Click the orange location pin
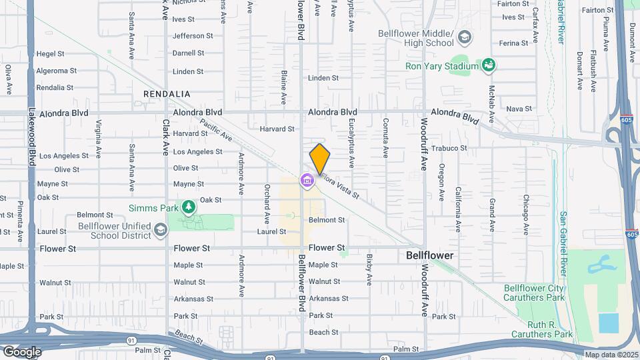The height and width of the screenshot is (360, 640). coord(320,158)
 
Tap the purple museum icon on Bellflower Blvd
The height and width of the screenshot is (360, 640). coord(307,180)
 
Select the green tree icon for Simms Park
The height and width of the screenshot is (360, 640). coord(189,207)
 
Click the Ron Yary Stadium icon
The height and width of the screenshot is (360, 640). coord(489,65)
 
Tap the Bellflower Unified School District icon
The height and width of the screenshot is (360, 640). coord(160,231)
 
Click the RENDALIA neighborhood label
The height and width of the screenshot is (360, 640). coord(167,95)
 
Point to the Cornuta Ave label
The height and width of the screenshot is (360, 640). coord(385,137)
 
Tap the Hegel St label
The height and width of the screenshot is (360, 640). coord(51,54)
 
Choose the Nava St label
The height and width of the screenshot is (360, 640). coord(519,109)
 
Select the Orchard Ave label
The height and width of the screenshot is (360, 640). coord(266,203)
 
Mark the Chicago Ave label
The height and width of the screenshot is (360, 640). coord(526,215)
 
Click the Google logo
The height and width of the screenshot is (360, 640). coord(22,352)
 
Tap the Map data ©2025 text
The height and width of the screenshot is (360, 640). coord(612,355)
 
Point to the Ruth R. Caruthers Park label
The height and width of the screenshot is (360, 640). coord(542,334)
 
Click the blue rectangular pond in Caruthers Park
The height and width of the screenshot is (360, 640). coord(608,323)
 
